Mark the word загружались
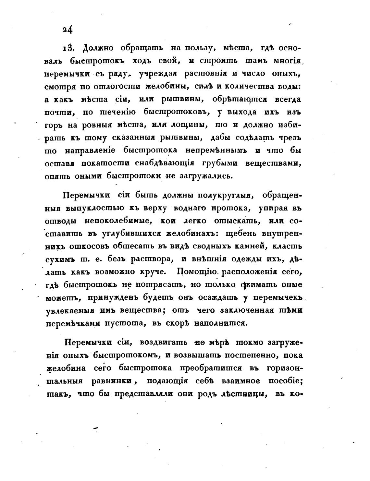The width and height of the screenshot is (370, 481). (x=205, y=176)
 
